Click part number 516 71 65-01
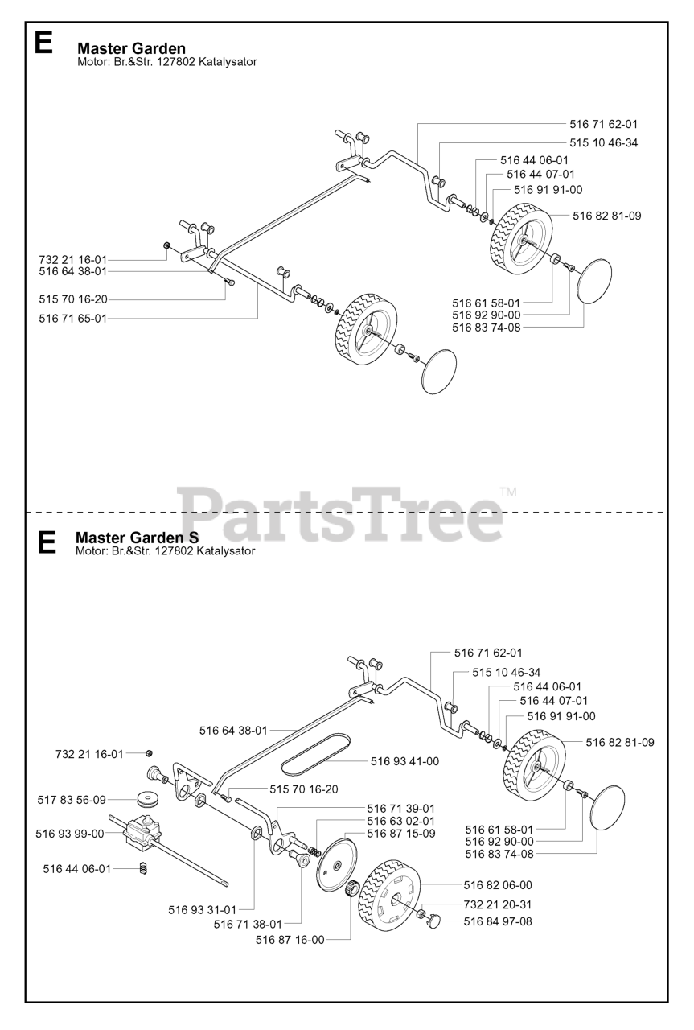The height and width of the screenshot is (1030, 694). point(72,319)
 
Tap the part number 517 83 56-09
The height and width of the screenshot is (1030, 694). point(72,800)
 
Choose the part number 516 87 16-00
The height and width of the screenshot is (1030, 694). point(290,939)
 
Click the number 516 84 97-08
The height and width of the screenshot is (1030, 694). point(498,921)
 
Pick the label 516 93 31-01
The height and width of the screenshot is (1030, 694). point(202,910)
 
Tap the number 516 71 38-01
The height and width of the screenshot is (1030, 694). point(248,924)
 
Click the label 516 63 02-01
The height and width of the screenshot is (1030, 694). point(401,821)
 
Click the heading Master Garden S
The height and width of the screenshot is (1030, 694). point(137,537)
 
